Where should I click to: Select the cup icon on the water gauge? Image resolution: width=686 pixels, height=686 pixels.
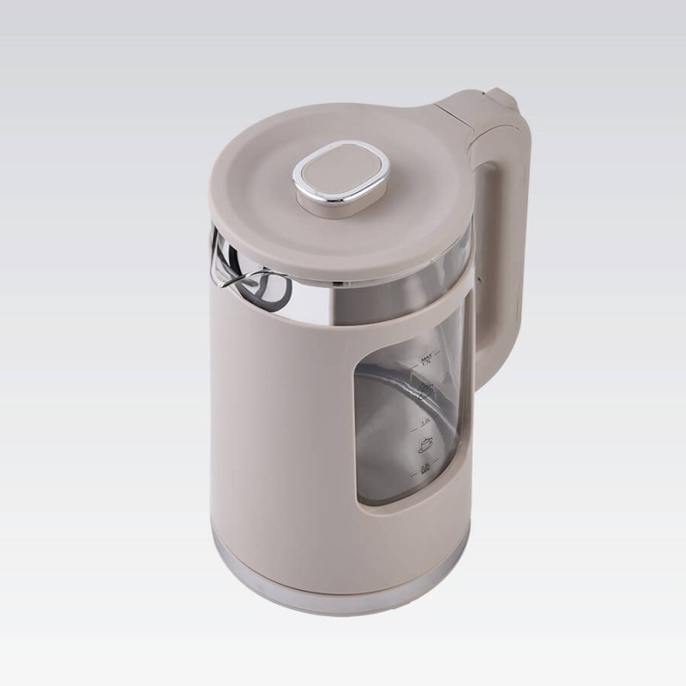click(x=424, y=444)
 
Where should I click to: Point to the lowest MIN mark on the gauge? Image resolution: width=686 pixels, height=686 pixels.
click(x=424, y=467)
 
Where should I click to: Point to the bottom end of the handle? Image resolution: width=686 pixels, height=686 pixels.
click(x=484, y=360)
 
